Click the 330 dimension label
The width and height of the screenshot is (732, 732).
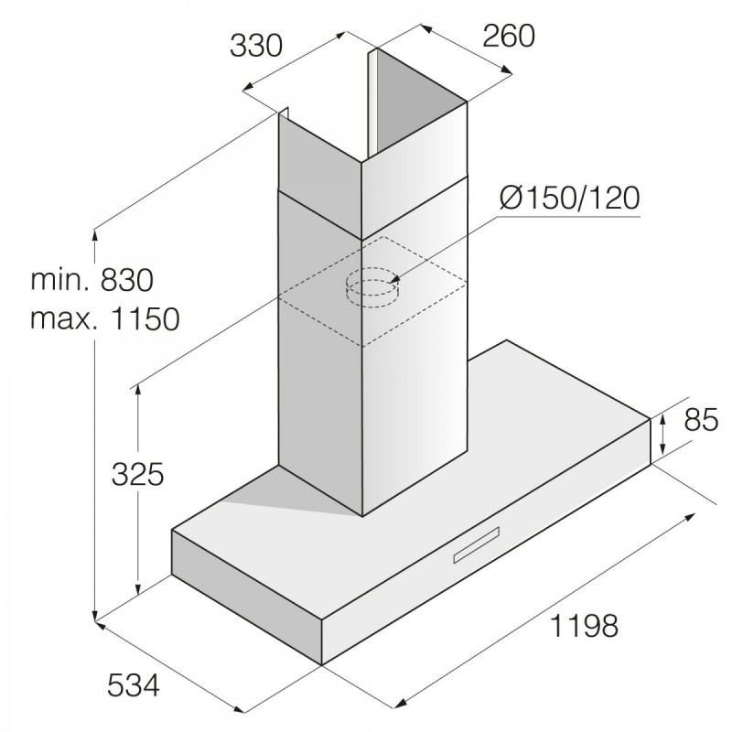pyautogui.click(x=256, y=46)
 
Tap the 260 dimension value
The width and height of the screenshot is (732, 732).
pyautogui.click(x=509, y=36)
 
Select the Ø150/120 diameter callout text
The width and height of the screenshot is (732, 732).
pyautogui.click(x=569, y=198)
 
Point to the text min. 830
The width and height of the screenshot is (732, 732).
pyautogui.click(x=92, y=280)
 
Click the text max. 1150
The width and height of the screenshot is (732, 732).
pyautogui.click(x=105, y=319)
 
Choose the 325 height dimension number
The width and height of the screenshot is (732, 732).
pyautogui.click(x=138, y=475)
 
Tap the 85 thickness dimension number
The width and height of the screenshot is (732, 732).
pyautogui.click(x=701, y=420)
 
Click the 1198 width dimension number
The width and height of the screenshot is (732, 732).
pyautogui.click(x=585, y=626)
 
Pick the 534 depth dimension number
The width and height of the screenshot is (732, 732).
pyautogui.click(x=134, y=685)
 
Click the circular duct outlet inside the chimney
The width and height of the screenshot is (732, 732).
pyautogui.click(x=372, y=287)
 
